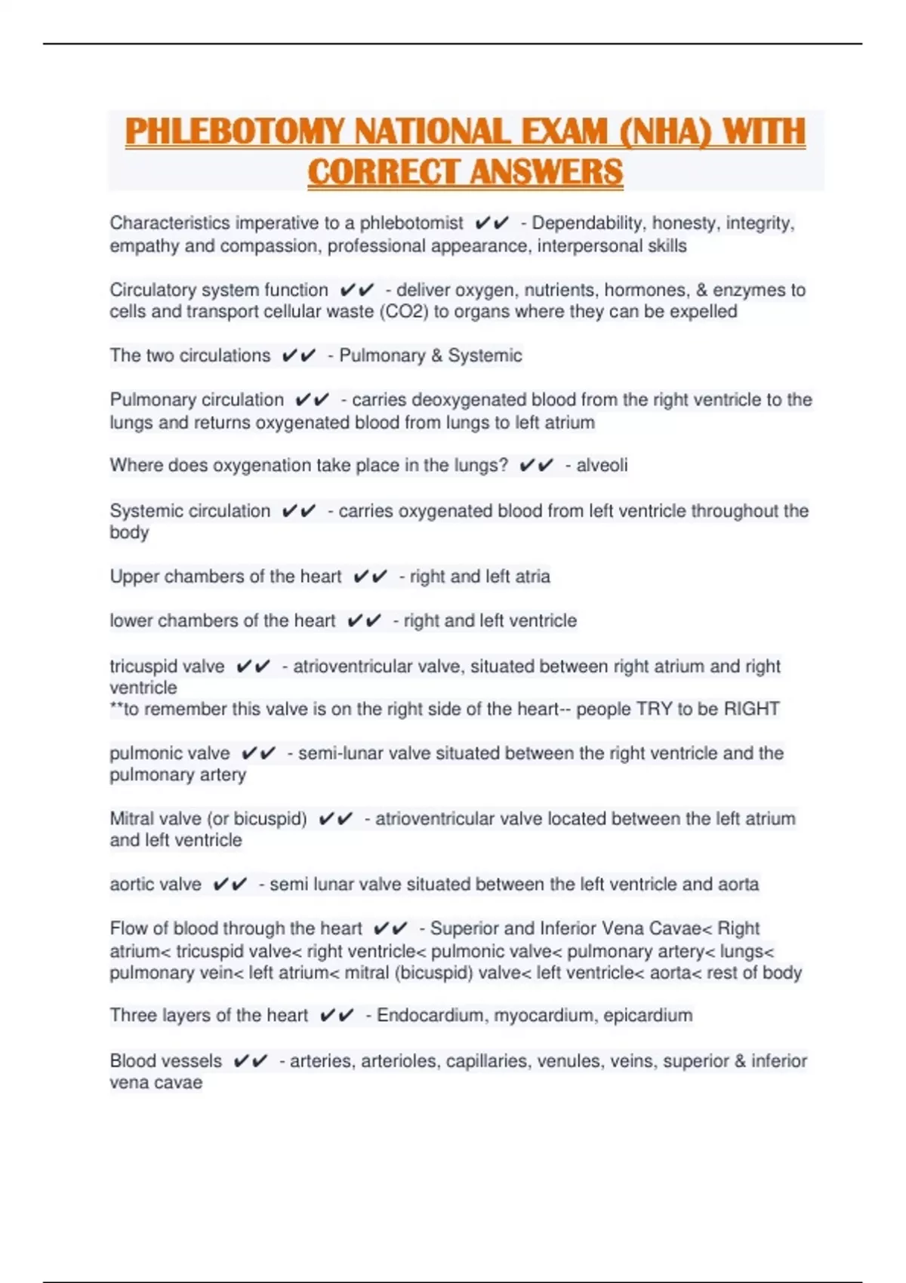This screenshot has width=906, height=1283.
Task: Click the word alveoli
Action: [x=602, y=465]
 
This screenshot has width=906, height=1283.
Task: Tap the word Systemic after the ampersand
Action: [x=485, y=355]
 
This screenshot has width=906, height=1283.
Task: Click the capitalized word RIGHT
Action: [x=751, y=709]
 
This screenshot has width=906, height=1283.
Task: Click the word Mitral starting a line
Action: [x=133, y=818]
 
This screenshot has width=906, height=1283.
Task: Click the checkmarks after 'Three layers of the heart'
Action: [x=336, y=1015]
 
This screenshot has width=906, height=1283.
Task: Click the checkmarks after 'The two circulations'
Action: [x=298, y=355]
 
